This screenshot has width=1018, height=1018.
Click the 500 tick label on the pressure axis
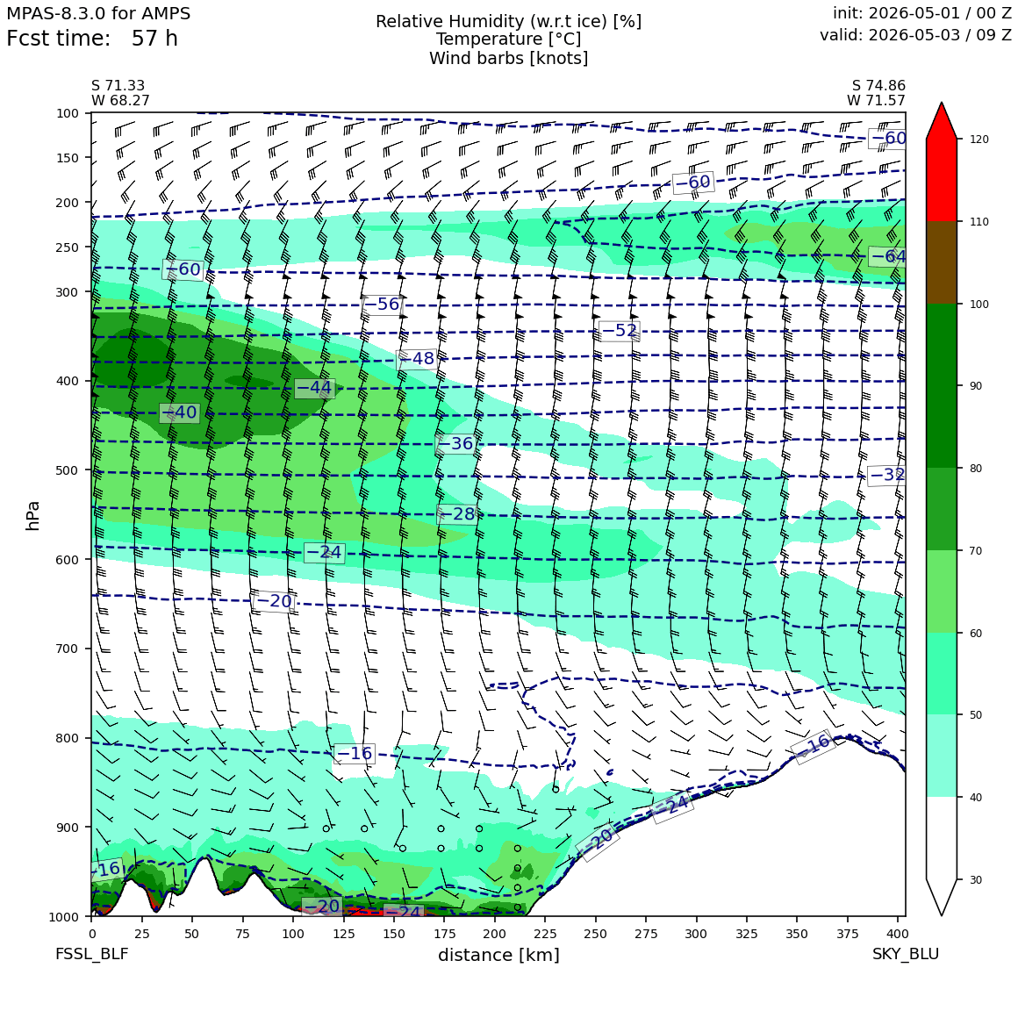(68, 470)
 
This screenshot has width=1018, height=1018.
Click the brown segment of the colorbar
(942, 263)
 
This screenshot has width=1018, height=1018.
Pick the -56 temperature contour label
(381, 305)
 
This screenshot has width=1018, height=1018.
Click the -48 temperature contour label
(415, 358)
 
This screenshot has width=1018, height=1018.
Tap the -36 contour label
(455, 444)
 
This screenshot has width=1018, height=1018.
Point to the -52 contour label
(619, 331)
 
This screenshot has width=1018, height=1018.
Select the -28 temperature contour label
(457, 514)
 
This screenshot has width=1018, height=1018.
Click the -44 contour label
(315, 388)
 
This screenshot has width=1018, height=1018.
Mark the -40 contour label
(179, 412)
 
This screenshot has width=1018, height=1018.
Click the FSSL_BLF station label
(91, 954)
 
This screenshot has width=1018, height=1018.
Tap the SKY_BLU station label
(905, 954)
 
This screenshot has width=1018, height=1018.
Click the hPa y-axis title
(33, 515)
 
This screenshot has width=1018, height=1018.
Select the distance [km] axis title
(498, 955)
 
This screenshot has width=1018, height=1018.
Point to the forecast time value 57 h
(154, 39)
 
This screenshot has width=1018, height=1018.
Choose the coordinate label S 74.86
(878, 86)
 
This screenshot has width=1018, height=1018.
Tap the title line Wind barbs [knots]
(508, 59)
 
